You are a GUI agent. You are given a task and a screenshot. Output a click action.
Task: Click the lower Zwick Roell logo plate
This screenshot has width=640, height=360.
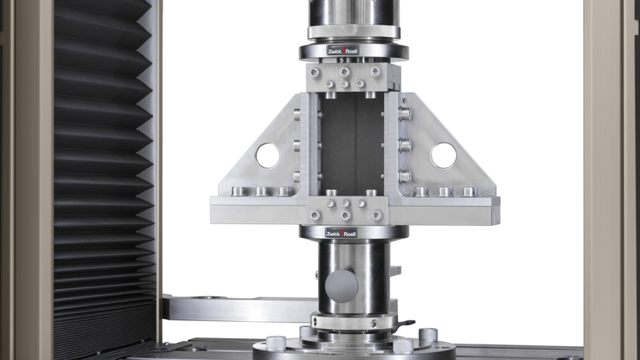coord(342,233)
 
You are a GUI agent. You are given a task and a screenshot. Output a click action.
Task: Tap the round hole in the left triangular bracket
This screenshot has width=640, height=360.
coord(267,156)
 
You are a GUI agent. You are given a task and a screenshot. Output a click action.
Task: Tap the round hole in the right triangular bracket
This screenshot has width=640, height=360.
coord(443,155)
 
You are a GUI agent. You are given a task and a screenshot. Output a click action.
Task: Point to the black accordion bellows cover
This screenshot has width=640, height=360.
coord(104,173)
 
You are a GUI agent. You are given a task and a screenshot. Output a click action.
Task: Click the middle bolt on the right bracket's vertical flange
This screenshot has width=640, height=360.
coord(404,145)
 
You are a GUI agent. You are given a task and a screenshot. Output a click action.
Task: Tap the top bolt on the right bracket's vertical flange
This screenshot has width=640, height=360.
coord(404,112)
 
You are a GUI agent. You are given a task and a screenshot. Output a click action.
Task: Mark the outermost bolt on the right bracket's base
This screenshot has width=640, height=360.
coord(469,192)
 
